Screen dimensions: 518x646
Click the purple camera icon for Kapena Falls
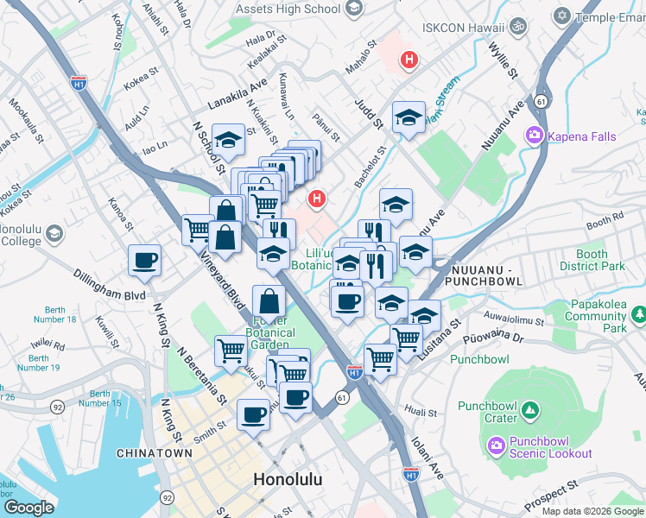tap(535, 135)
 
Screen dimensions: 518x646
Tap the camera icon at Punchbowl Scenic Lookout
tap(496, 445)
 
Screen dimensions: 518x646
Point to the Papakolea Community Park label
tap(596, 317)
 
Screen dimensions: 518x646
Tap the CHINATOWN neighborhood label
tap(154, 452)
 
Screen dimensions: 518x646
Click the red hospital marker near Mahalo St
tap(408, 60)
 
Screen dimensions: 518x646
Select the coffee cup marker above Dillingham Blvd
tap(144, 261)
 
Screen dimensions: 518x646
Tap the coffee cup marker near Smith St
tap(253, 414)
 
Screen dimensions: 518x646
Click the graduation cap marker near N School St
tap(229, 139)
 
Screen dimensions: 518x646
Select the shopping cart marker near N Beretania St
tap(231, 351)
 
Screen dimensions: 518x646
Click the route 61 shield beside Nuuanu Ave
tap(541, 100)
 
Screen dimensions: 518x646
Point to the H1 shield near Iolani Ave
tap(411, 474)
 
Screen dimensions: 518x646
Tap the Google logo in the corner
tap(28, 508)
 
